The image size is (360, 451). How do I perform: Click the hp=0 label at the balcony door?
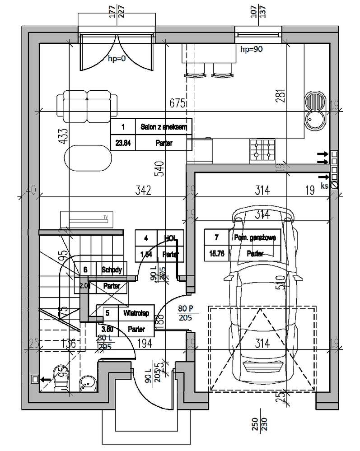coord(117,58)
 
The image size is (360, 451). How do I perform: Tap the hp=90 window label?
coord(252,50)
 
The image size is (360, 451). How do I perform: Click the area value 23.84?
coord(123,144)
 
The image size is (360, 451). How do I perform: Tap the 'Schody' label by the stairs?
coord(111,270)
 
